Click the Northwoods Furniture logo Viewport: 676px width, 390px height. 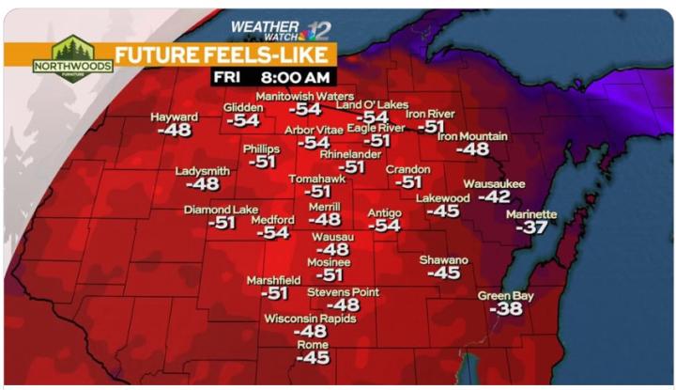click(72, 58)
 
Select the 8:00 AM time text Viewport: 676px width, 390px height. click(296, 76)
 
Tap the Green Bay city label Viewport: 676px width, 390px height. click(505, 296)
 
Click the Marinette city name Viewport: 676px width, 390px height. click(531, 214)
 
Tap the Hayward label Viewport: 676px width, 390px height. click(175, 117)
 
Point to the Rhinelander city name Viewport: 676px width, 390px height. click(350, 153)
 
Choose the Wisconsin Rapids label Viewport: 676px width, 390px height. click(310, 319)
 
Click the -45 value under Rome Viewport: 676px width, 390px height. click(313, 358)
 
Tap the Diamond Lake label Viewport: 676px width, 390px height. click(221, 210)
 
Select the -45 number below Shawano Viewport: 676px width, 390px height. click(443, 273)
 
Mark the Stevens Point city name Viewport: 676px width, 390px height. click(343, 292)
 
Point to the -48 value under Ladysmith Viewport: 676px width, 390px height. click(203, 185)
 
